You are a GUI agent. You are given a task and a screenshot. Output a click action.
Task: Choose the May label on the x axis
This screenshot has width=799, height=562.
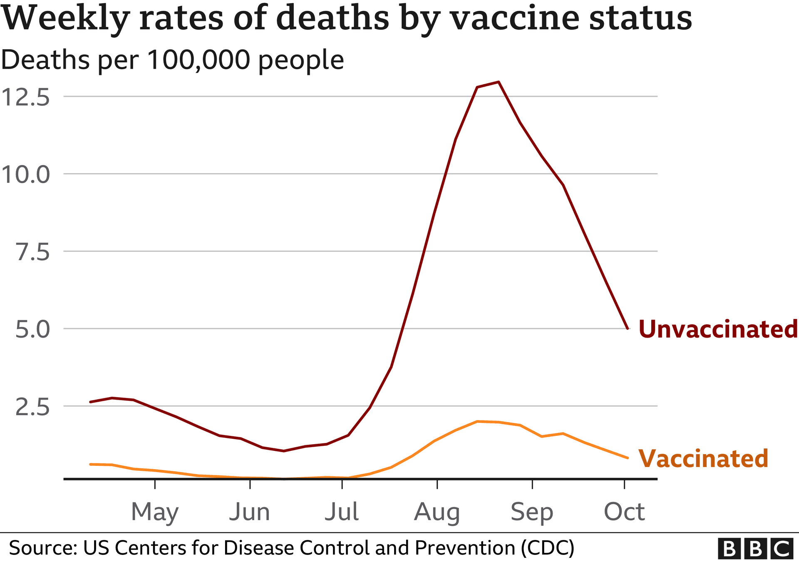pos(155,512)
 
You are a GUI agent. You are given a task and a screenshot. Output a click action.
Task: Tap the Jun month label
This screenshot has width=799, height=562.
pos(250,512)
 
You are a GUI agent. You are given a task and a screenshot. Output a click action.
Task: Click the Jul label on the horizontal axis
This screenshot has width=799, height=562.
pos(342,512)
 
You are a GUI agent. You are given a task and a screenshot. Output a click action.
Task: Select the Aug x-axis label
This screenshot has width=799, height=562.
pos(437,512)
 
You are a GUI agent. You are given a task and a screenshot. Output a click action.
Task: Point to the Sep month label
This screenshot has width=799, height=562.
pos(532,512)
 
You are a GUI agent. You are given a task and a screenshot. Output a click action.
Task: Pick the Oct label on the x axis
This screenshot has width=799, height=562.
pos(624,512)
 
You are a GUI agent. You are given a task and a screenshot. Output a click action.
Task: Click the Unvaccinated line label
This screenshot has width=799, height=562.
pos(718,329)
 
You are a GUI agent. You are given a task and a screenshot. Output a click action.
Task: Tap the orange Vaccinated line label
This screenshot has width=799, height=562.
pos(703,459)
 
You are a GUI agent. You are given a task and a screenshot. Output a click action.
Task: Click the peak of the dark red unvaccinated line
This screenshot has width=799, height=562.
pos(499,82)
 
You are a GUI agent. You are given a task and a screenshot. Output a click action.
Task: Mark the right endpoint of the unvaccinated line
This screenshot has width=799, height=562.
pos(628,328)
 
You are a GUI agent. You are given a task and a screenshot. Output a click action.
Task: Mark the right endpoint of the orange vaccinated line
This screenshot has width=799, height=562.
pos(628,458)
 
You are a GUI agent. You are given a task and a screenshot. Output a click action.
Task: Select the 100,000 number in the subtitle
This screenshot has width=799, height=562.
pos(199,60)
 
